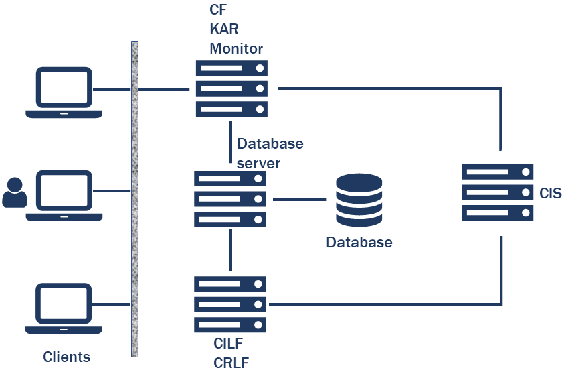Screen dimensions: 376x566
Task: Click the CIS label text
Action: (x=550, y=194)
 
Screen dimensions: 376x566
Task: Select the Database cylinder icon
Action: (x=359, y=200)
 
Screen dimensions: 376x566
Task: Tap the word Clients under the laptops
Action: (x=66, y=357)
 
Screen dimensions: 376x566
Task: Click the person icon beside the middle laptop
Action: (x=15, y=193)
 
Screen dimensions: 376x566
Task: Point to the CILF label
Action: (x=228, y=345)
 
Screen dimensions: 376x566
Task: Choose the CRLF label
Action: (x=231, y=363)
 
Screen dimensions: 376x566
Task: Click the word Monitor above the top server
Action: (x=236, y=48)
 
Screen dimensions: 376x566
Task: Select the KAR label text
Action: (x=224, y=30)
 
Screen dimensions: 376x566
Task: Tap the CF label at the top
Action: (x=219, y=11)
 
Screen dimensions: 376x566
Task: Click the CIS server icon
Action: (x=497, y=192)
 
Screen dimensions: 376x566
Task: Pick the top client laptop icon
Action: (x=64, y=92)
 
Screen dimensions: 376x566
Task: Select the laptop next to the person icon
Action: (x=64, y=196)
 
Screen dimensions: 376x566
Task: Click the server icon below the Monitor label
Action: (x=231, y=88)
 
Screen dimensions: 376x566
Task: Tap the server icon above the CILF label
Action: (x=230, y=304)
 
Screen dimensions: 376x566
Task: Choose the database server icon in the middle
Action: (x=229, y=198)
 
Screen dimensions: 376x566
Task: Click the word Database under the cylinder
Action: (x=359, y=243)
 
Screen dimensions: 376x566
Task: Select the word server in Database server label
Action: (x=258, y=163)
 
